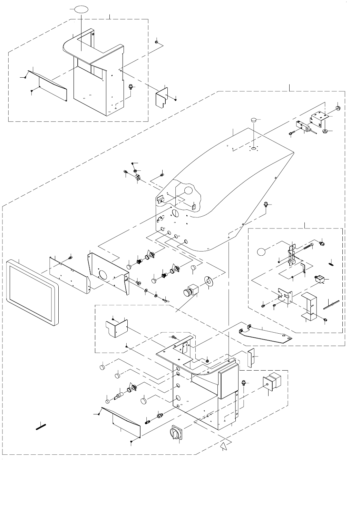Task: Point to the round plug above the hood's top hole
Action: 254,120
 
